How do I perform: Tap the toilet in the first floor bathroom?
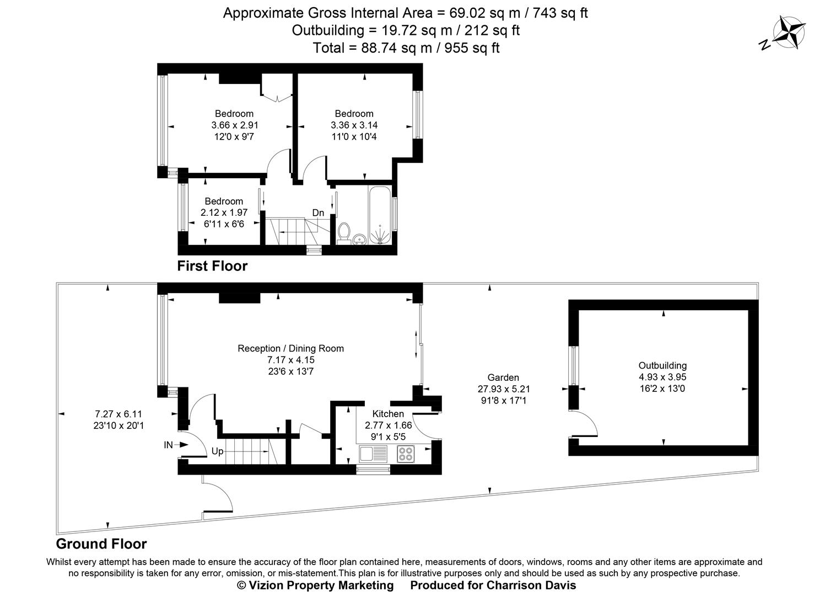pyautogui.click(x=344, y=232)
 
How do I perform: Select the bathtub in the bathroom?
pyautogui.click(x=381, y=215)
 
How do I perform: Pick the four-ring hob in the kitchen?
pyautogui.click(x=406, y=454)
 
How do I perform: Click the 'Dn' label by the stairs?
pyautogui.click(x=318, y=212)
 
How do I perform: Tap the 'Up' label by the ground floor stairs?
pyautogui.click(x=217, y=451)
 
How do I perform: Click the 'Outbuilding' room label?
pyautogui.click(x=662, y=365)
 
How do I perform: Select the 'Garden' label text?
pyautogui.click(x=503, y=377)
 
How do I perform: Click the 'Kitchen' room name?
pyautogui.click(x=388, y=414)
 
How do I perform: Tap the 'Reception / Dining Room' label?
pyautogui.click(x=290, y=348)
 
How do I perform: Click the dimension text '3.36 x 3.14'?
pyautogui.click(x=354, y=125)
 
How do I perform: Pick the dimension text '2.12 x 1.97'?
pyautogui.click(x=224, y=212)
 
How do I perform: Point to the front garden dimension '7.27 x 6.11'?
pyautogui.click(x=119, y=414)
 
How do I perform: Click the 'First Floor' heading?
pyautogui.click(x=212, y=266)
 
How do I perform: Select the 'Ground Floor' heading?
pyautogui.click(x=101, y=544)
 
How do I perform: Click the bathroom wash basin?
pyautogui.click(x=359, y=239)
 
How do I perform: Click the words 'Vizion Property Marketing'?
pyautogui.click(x=321, y=586)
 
